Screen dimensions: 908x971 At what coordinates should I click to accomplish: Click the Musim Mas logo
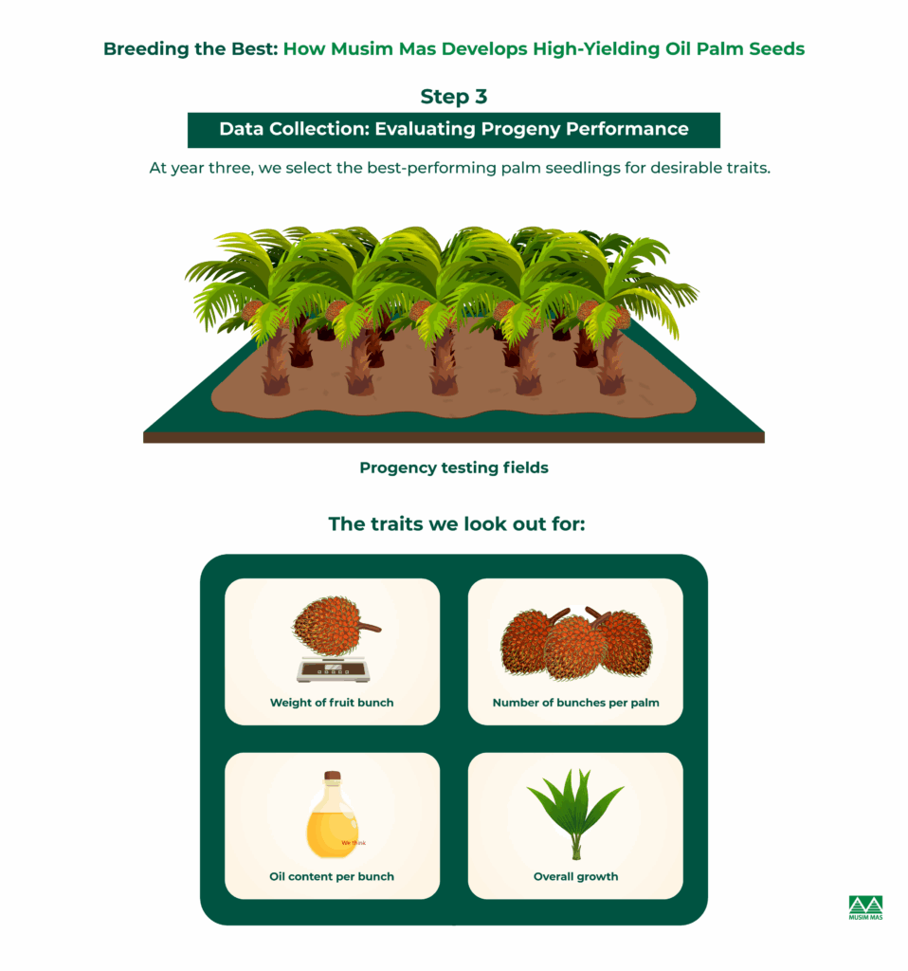point(865,907)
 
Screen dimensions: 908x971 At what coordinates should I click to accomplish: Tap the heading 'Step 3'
point(454,97)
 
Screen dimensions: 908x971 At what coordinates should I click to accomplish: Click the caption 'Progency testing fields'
point(454,467)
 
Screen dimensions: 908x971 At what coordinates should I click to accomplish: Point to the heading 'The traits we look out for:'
point(457,523)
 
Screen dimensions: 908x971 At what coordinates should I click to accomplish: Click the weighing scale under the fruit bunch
point(333,669)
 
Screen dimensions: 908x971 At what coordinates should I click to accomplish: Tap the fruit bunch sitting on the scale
point(335,626)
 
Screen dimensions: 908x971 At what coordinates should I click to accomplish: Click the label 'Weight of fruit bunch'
point(332,703)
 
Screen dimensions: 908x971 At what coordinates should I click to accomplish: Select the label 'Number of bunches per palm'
point(575,703)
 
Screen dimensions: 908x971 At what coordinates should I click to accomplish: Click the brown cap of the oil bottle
point(333,776)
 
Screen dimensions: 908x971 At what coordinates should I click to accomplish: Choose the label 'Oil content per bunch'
point(332,877)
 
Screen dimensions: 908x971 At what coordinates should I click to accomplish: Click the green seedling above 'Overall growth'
point(575,813)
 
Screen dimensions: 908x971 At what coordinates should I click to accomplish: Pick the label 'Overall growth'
point(575,877)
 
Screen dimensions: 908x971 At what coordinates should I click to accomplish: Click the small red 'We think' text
point(354,843)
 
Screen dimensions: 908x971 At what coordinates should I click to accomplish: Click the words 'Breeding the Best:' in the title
point(191,49)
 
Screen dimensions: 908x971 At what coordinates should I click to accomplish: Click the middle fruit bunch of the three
point(575,649)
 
